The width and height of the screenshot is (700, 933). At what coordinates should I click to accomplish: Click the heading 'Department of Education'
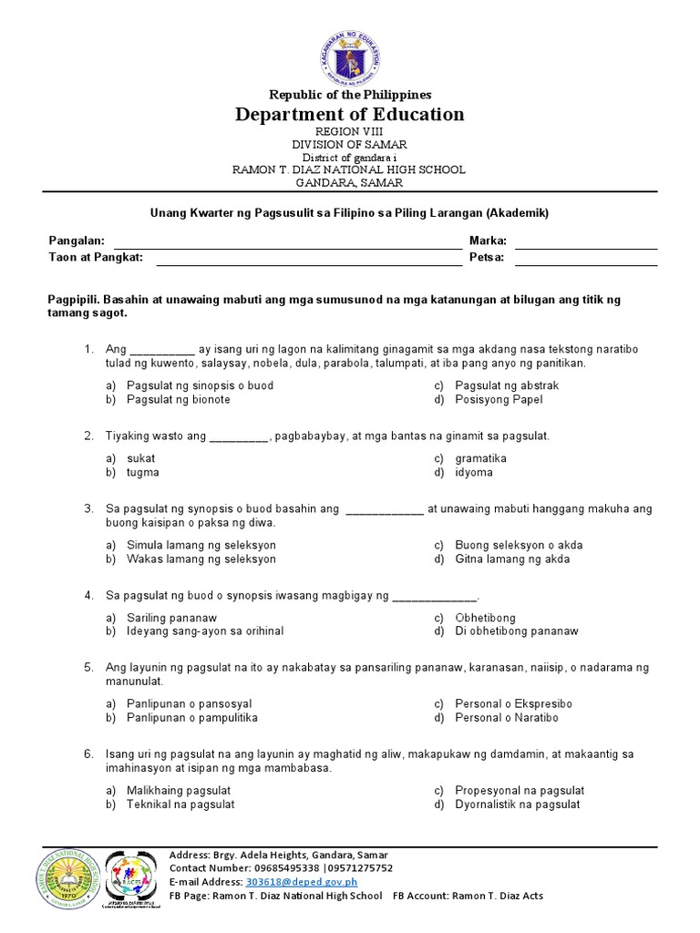tap(350, 114)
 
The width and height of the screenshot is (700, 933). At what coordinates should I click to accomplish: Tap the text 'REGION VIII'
tap(350, 132)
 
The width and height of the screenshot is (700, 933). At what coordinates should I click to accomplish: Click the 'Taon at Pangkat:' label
tap(96, 258)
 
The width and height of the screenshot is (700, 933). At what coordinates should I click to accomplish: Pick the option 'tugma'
tap(143, 472)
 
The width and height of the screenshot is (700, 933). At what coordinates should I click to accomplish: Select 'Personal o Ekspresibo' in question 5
tap(513, 703)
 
